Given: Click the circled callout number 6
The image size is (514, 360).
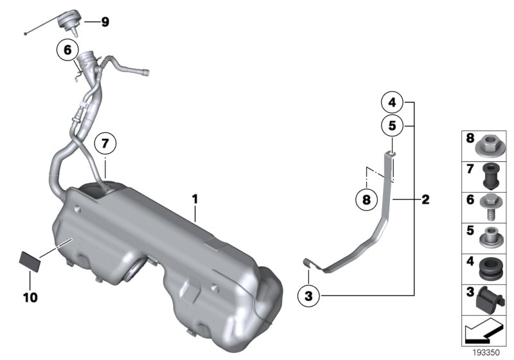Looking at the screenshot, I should (x=67, y=50).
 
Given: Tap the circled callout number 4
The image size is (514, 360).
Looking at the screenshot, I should (x=391, y=102).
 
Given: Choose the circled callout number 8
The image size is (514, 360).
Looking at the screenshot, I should (x=366, y=200).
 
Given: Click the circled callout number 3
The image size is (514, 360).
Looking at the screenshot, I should (x=309, y=296).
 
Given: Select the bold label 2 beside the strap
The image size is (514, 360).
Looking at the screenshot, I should (x=425, y=200).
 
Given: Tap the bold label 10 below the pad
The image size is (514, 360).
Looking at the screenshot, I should (x=30, y=298).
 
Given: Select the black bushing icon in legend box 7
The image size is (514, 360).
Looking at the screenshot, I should (x=492, y=175).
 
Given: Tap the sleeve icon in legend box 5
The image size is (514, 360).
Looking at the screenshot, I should (x=492, y=235).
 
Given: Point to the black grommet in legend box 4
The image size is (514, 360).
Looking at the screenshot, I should (x=492, y=267).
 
